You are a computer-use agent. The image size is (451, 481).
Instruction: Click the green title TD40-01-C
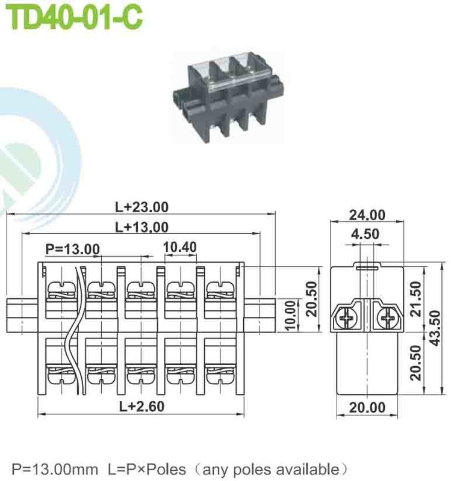tap(76, 17)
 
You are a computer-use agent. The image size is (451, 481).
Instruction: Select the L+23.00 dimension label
tap(142, 207)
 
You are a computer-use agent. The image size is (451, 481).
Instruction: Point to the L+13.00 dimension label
tap(142, 227)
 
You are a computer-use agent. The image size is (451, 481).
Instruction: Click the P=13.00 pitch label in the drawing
tap(72, 249)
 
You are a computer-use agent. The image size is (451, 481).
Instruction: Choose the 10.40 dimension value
tap(179, 247)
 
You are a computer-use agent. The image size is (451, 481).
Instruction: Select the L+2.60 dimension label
tap(142, 406)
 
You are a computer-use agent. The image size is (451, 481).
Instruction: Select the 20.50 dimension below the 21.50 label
tap(415, 364)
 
